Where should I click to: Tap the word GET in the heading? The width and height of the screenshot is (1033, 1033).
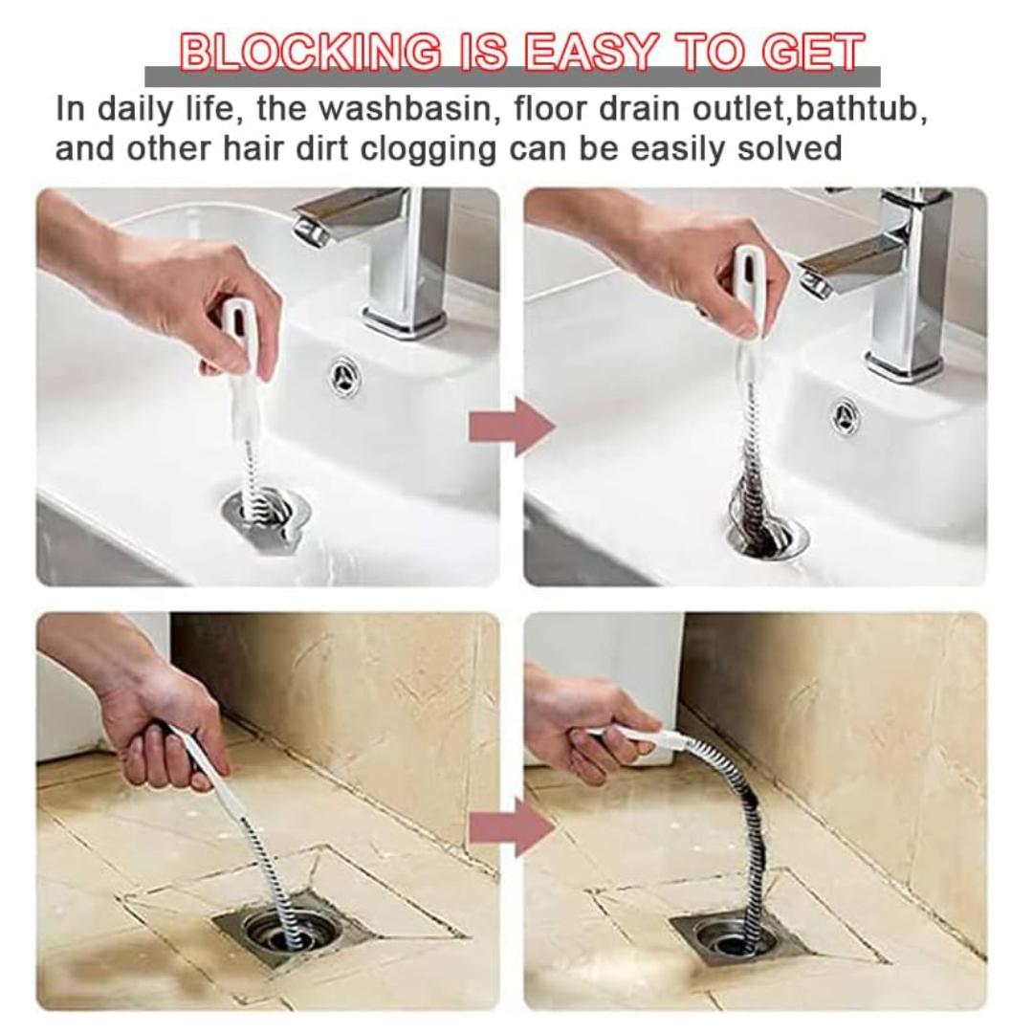coord(813,52)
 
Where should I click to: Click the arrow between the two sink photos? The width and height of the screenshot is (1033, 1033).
coord(512,427)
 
